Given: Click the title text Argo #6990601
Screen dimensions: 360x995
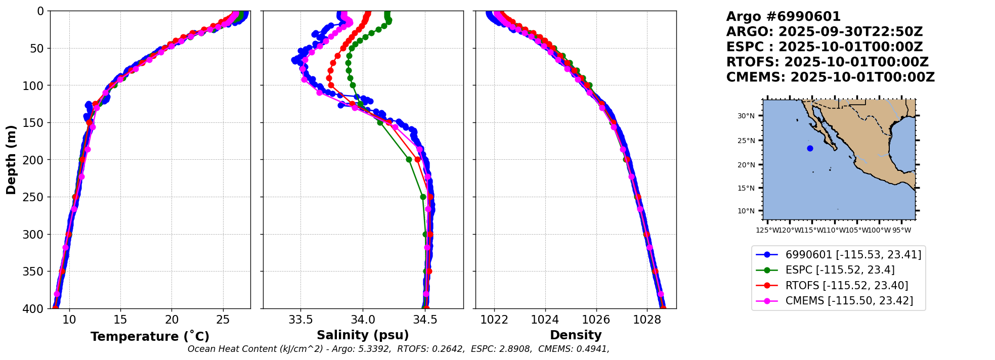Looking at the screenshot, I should click(783, 17).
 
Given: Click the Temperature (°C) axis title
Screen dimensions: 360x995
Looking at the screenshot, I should click(150, 337).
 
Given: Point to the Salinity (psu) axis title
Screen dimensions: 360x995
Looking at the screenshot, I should click(363, 335).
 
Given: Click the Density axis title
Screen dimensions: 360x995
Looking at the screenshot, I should click(576, 335).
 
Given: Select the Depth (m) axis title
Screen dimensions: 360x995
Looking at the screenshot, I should click(11, 159).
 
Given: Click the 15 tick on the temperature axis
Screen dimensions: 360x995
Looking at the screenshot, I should click(120, 320).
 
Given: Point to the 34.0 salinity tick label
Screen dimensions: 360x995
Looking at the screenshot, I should click(363, 320).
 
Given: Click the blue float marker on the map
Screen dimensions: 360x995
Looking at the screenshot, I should click(810, 149).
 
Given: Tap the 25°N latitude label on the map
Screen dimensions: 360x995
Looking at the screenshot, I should click(746, 141).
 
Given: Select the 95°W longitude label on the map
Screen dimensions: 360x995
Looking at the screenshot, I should click(901, 231).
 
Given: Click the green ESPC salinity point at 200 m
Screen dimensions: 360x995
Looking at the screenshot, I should click(409, 160).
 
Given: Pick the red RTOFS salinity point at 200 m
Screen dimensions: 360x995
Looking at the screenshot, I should click(417, 159).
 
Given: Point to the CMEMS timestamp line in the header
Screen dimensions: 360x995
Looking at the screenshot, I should click(830, 77).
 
